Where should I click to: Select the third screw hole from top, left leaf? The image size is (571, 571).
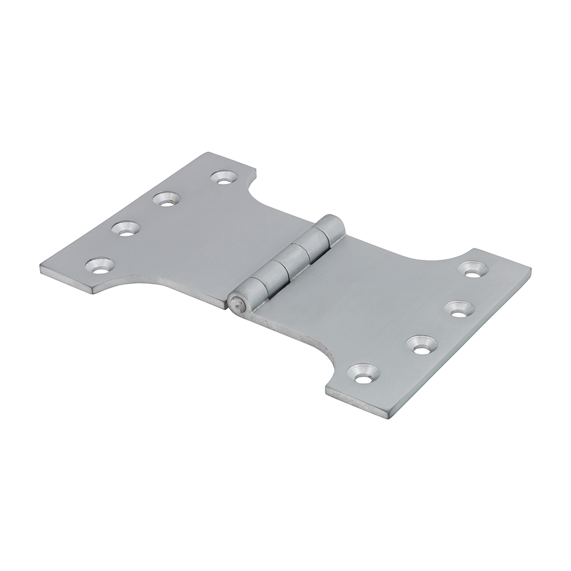click(x=125, y=229)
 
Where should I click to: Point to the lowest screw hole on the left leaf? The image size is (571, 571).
click(x=100, y=264)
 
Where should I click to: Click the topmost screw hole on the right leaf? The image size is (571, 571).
click(x=472, y=268)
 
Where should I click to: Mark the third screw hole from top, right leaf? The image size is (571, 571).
click(x=423, y=344)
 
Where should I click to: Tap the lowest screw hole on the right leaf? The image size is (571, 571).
click(x=364, y=373)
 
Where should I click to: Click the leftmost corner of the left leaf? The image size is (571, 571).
click(x=40, y=267)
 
